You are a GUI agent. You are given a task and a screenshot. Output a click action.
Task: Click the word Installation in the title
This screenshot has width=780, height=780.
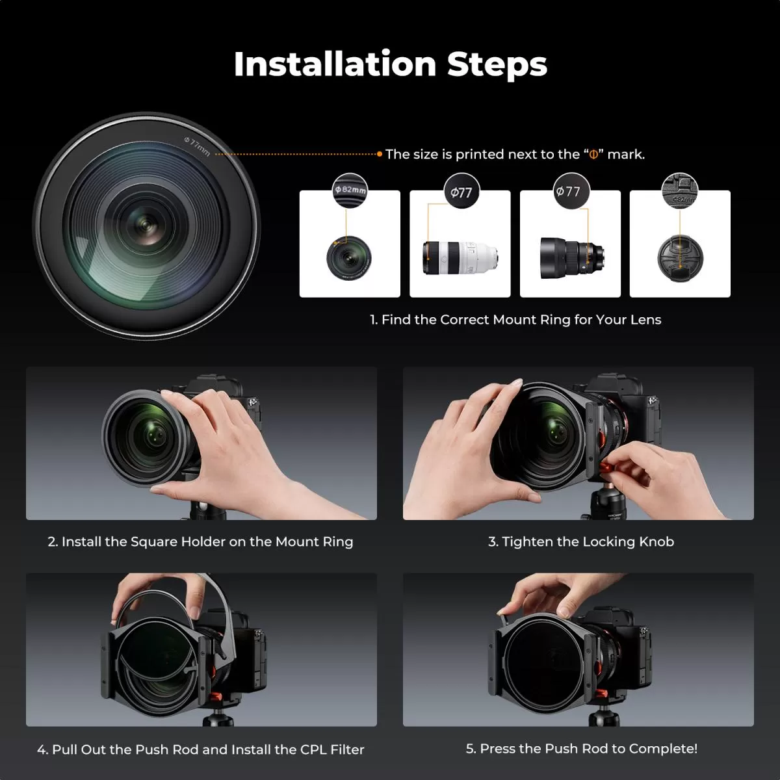tap(334, 64)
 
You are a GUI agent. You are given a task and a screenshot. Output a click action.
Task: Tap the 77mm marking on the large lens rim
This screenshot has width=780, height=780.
tap(198, 147)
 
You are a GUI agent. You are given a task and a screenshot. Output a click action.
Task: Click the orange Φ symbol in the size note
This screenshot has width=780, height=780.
tap(593, 155)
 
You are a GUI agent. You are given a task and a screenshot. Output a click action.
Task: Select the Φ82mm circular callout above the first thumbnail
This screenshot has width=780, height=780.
tap(350, 190)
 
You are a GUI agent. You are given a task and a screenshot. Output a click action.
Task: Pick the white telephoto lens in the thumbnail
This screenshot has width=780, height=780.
tap(460, 256)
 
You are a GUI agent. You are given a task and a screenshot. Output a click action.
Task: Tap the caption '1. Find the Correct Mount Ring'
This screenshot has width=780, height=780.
tap(515, 320)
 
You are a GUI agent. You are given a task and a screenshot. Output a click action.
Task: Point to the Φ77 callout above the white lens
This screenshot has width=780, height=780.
tap(461, 192)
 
